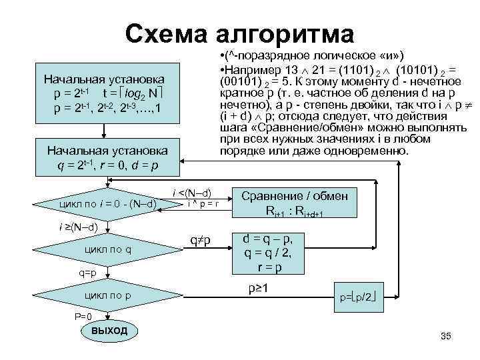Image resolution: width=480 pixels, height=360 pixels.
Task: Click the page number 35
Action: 446,336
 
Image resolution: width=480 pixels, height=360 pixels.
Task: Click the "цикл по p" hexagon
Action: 107,295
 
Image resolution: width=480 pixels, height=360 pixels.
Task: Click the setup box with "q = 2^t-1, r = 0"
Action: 107,155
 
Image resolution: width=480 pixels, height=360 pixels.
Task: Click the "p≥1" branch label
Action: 258,289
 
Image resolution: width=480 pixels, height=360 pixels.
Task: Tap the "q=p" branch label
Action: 87,272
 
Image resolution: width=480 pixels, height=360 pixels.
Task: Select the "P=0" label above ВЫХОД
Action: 82,316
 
